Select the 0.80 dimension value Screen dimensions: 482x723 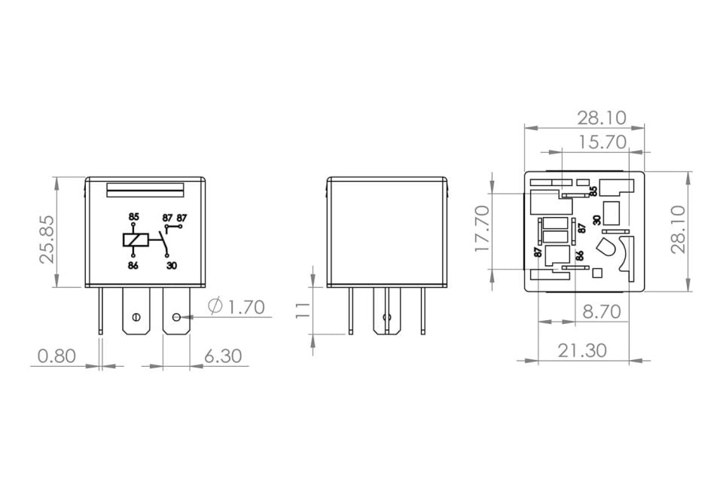coord(56,355)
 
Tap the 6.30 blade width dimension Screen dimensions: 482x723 coord(223,355)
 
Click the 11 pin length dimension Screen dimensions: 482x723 coord(304,310)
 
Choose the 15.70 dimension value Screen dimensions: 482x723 coord(602,142)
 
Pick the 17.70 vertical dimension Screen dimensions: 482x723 coord(482,227)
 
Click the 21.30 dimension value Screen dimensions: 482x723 coord(583,350)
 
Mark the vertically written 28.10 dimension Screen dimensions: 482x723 coord(679,230)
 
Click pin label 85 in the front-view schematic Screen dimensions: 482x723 coord(133,217)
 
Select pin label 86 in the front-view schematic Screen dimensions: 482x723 coord(133,265)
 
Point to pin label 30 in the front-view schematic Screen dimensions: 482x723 coord(172,265)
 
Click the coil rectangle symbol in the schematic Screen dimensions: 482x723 coord(133,240)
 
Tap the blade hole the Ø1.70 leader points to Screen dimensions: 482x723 coord(176,316)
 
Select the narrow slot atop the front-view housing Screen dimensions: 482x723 coord(146,190)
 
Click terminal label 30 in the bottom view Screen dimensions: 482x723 coord(596,220)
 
